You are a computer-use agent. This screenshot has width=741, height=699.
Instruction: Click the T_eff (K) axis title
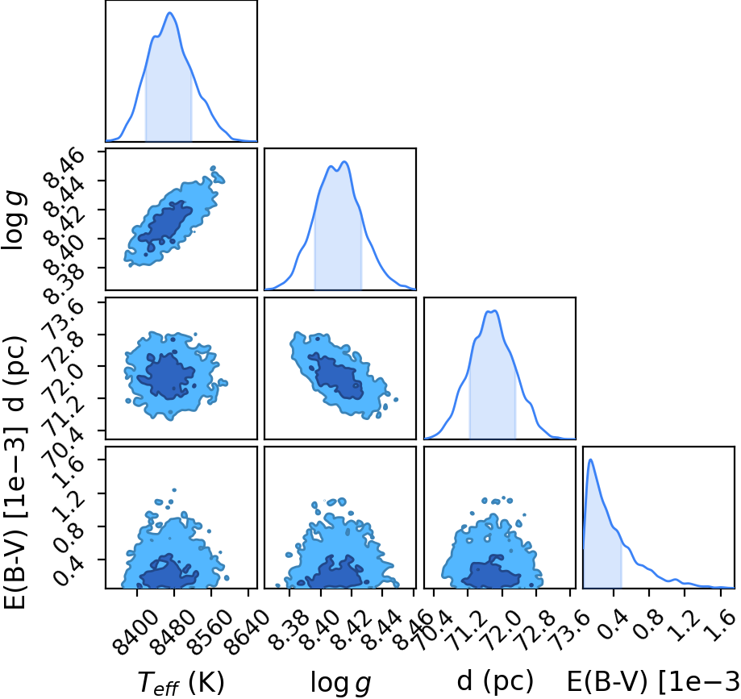[x=181, y=683]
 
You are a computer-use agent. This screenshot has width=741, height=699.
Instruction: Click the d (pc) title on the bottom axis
[x=495, y=681]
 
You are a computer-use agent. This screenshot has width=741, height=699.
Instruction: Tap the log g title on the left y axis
[x=15, y=221]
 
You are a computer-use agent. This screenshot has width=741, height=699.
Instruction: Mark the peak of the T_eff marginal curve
[x=170, y=12]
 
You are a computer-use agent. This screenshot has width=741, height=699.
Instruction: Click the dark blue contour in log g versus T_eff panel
[x=166, y=223]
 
